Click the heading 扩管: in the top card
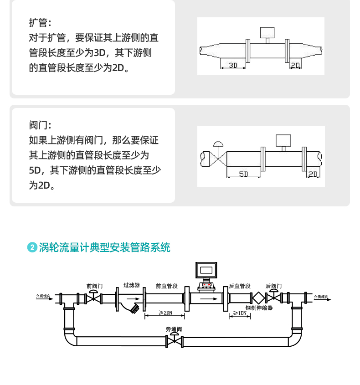40,22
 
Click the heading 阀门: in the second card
40,125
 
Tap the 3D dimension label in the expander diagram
233,66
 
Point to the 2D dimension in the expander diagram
295,66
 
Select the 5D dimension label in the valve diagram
243,174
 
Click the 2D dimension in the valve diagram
313,174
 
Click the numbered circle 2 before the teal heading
32,247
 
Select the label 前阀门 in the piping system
94,286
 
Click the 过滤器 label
132,285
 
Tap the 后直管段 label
239,286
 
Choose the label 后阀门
273,286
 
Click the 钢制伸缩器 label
259,308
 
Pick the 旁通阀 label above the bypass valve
174,329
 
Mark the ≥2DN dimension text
165,313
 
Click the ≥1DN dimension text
240,313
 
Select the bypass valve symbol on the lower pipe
174,340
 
